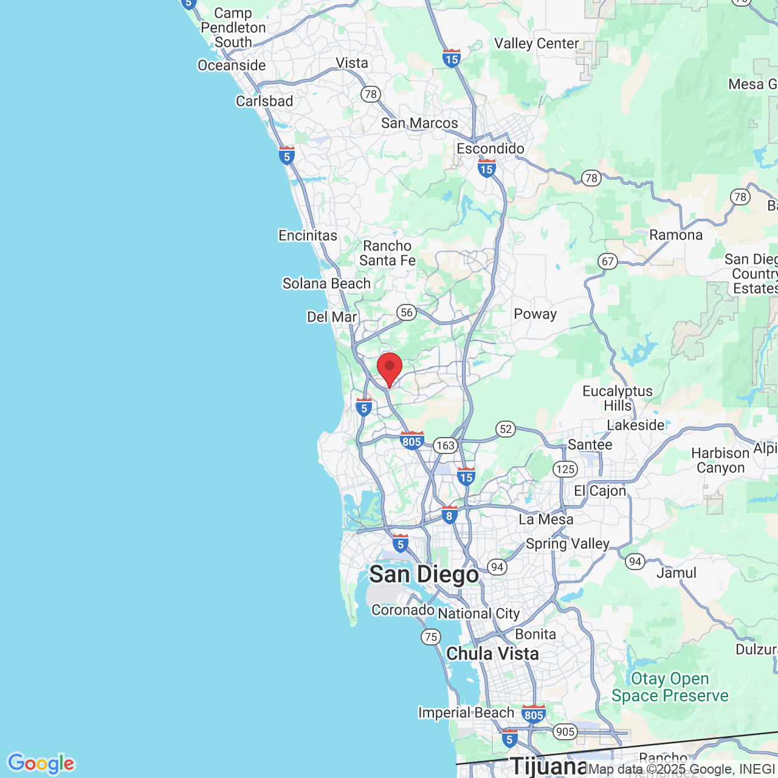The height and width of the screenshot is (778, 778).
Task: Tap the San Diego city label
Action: [424, 574]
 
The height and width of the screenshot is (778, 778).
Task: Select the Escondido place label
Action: [491, 149]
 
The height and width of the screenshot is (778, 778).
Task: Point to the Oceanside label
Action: [232, 66]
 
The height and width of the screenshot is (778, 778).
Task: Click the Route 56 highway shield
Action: [406, 312]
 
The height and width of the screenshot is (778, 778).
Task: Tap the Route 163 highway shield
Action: [446, 446]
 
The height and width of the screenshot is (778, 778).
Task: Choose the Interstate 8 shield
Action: [449, 515]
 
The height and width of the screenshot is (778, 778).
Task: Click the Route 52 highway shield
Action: [506, 429]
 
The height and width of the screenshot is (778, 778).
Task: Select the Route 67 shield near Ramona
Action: [608, 261]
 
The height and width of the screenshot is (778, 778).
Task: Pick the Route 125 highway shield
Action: [565, 469]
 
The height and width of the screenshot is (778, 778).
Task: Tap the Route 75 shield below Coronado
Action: [431, 637]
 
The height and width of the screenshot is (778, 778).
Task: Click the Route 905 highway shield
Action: [565, 732]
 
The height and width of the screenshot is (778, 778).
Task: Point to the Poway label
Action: [535, 314]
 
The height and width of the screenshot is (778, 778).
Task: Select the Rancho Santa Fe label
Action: [387, 253]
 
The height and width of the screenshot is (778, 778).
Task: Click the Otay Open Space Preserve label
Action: [670, 687]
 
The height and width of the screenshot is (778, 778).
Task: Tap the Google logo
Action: [41, 763]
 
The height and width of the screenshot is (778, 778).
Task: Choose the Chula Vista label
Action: [492, 654]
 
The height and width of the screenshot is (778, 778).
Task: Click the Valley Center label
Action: [536, 44]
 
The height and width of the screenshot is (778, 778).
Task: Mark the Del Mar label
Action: [332, 317]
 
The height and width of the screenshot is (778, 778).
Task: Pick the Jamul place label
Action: [676, 573]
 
